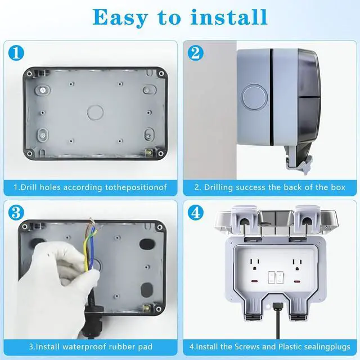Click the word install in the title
click(x=229, y=17)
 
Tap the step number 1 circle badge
click(x=16, y=53)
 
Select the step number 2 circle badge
click(x=196, y=53)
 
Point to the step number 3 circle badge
click(x=16, y=213)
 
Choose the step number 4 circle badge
click(x=196, y=213)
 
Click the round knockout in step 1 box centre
click(x=95, y=112)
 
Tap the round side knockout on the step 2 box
click(x=254, y=96)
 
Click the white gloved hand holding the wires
click(x=57, y=282)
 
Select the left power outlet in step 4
click(x=255, y=264)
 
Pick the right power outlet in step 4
click(x=298, y=264)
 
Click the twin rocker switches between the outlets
click(x=276, y=277)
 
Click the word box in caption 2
click(x=338, y=187)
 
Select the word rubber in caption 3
click(x=121, y=346)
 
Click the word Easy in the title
click(x=120, y=17)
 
